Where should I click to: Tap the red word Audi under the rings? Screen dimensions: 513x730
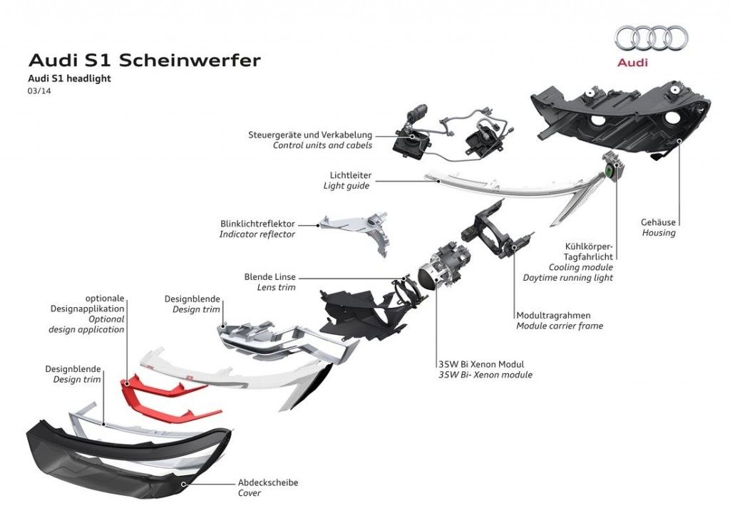tap(632, 63)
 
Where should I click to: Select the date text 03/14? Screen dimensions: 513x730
tap(39, 90)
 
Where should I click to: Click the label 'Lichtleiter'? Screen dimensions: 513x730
tap(350, 175)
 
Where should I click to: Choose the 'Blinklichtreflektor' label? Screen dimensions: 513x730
tap(257, 224)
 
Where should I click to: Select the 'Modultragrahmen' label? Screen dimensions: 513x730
tap(553, 315)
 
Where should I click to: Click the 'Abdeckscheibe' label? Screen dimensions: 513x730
tap(268, 482)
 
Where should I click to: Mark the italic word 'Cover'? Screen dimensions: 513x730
tap(250, 493)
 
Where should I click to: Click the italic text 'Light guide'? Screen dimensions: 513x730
tap(346, 186)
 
